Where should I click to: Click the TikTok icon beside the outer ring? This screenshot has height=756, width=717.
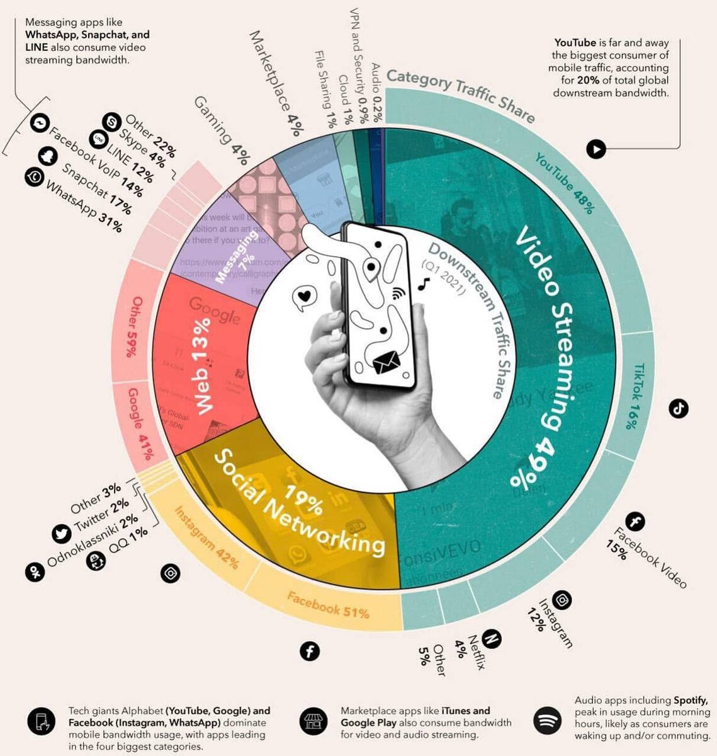(x=678, y=408)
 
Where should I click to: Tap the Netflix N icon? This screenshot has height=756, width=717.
(x=492, y=639)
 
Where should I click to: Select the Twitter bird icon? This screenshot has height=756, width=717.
(x=62, y=534)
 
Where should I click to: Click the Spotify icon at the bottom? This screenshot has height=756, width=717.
(x=547, y=719)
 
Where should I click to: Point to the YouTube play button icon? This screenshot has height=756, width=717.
(x=596, y=149)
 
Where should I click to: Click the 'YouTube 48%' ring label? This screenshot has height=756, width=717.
(x=564, y=183)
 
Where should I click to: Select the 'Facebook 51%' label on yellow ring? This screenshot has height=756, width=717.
(x=328, y=604)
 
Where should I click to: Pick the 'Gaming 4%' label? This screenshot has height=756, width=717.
(x=220, y=129)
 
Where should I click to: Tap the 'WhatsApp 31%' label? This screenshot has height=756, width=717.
(x=82, y=205)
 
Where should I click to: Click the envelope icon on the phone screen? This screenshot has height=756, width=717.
(x=387, y=364)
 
